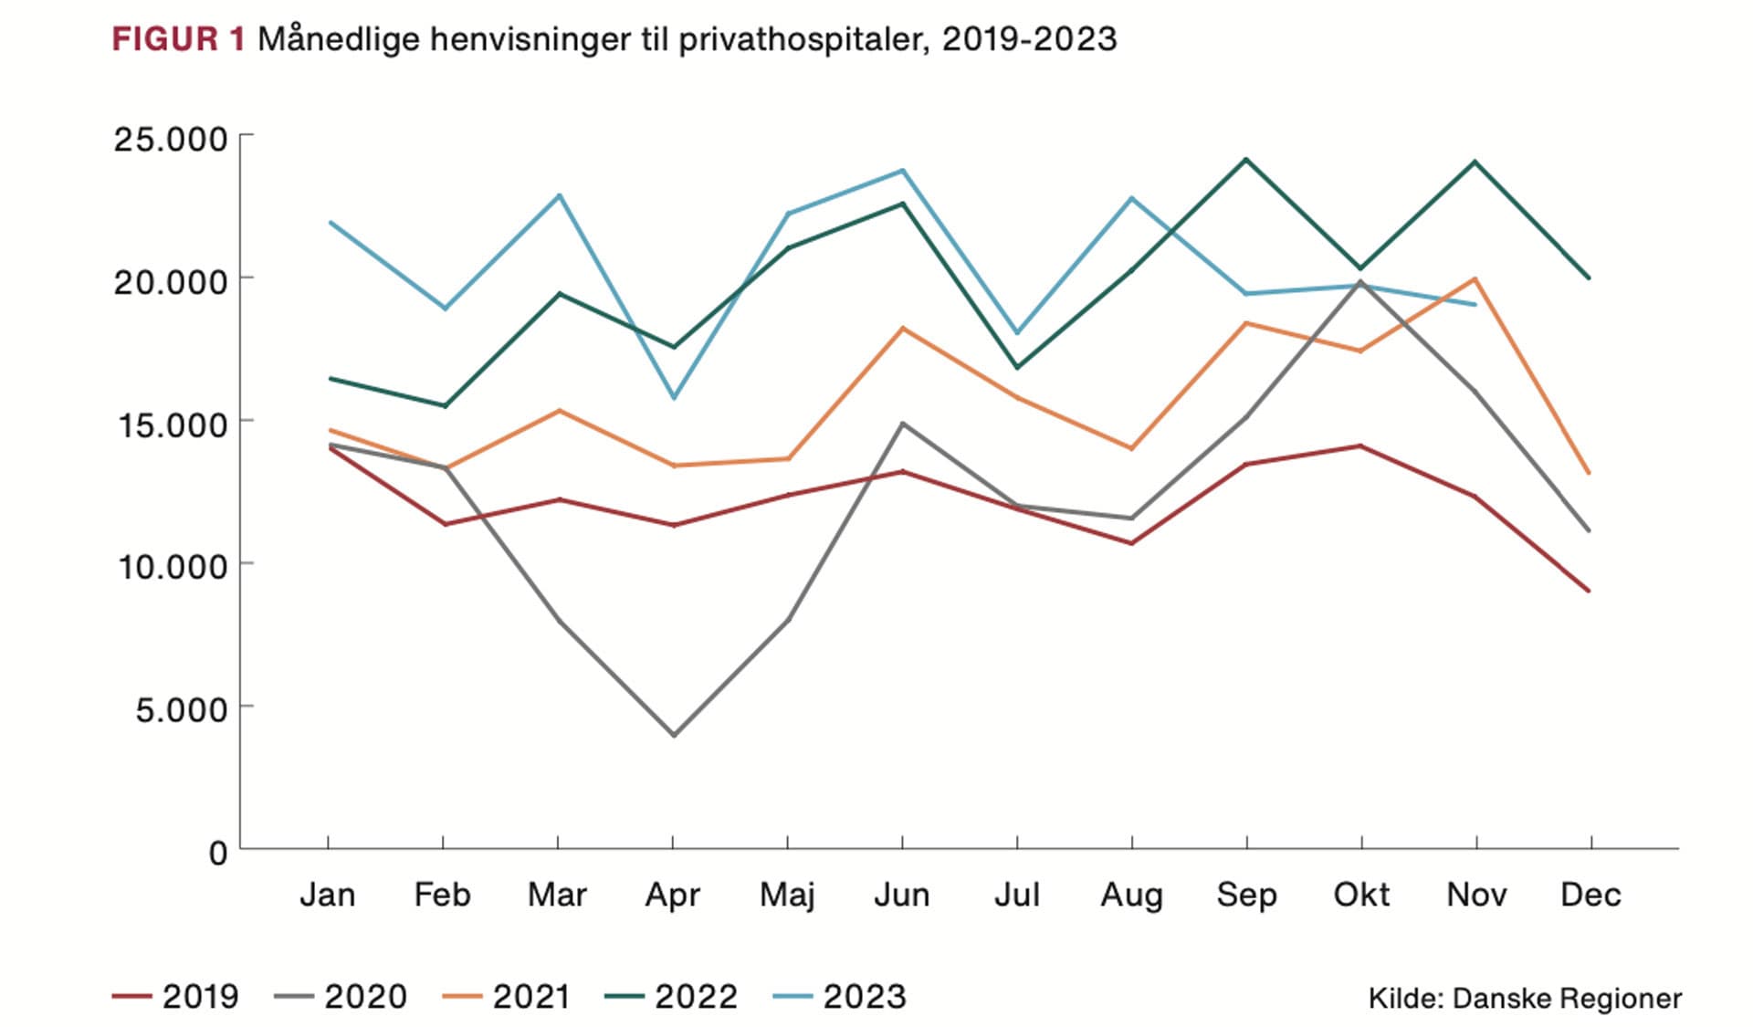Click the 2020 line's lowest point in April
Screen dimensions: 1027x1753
click(674, 735)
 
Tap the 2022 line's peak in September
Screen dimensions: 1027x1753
click(1246, 160)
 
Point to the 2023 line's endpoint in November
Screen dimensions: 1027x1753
click(1475, 304)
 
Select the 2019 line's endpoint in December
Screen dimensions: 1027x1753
click(1590, 591)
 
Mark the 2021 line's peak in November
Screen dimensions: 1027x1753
click(1475, 278)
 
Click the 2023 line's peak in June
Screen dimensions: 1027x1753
click(903, 171)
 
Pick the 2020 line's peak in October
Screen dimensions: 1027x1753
click(1361, 282)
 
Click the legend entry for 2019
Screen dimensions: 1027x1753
click(175, 997)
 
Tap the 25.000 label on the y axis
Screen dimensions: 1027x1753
click(170, 140)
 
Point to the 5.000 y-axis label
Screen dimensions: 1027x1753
click(181, 709)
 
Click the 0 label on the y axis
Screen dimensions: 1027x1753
click(217, 854)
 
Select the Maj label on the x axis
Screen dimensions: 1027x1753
click(787, 896)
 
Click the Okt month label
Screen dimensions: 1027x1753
click(1361, 896)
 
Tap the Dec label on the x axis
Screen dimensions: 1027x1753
click(1590, 896)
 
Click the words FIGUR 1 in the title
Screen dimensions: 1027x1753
click(178, 39)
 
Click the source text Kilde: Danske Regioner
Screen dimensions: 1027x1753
click(1524, 999)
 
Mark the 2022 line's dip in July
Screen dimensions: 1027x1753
click(1017, 367)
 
